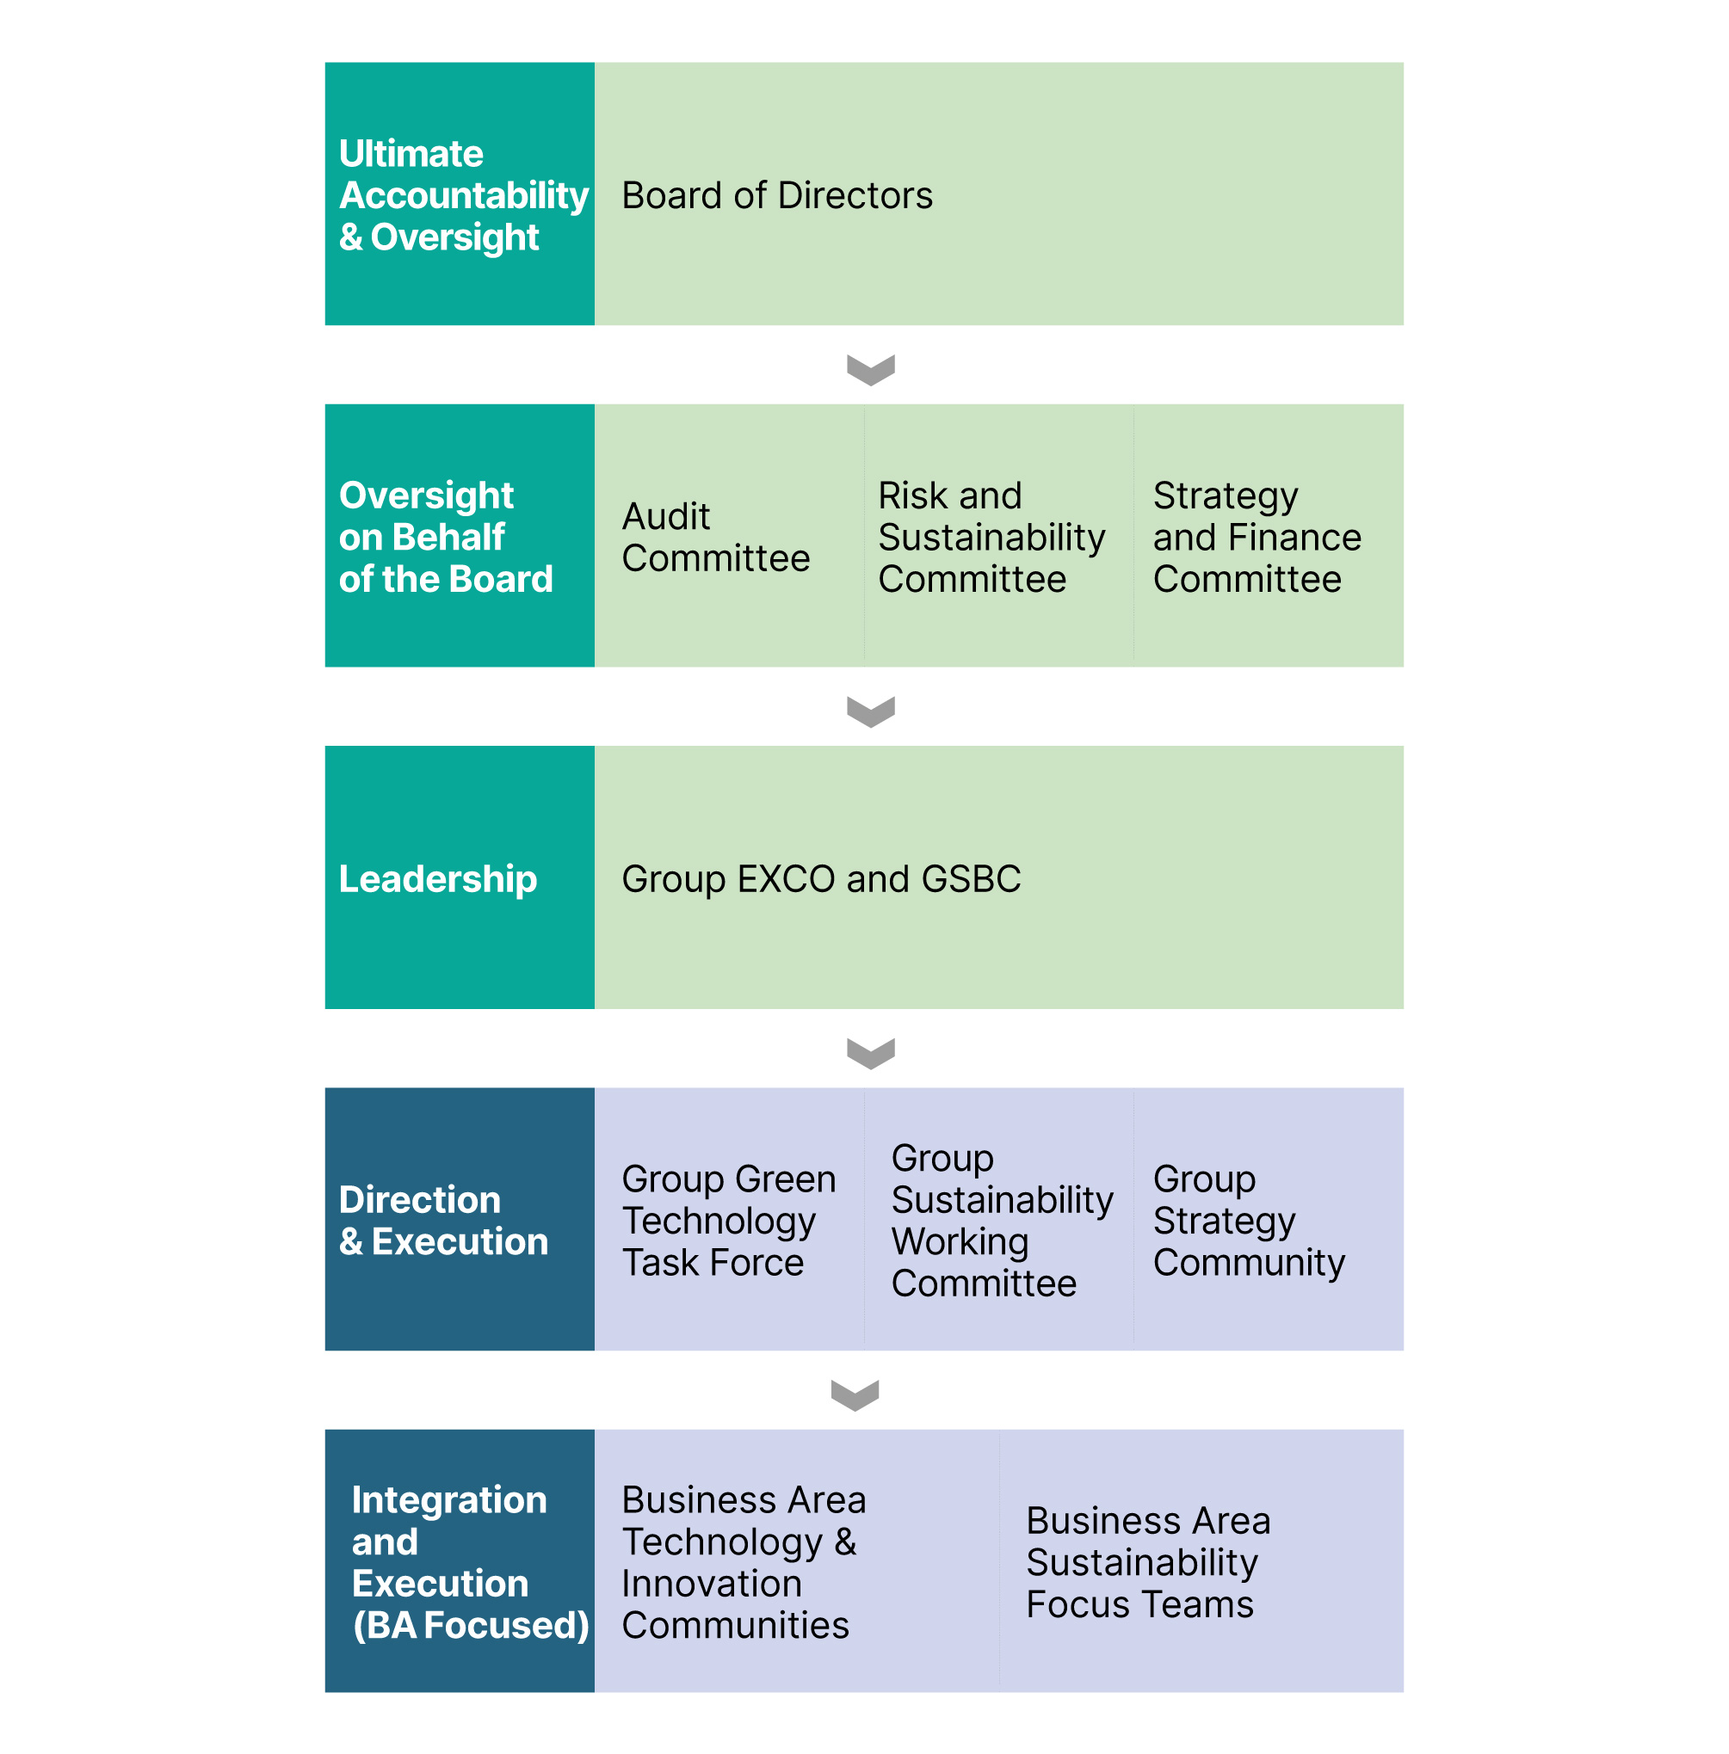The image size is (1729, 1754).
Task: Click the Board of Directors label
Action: pos(777,195)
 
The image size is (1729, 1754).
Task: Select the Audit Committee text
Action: pos(715,537)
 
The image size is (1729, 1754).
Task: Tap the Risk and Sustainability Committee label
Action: pos(991,537)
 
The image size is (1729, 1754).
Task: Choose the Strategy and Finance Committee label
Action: pos(1257,537)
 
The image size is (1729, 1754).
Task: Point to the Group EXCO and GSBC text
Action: pos(821,879)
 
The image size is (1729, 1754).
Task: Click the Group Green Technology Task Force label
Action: pos(728,1220)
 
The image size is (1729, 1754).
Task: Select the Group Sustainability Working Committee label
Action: pos(1002,1220)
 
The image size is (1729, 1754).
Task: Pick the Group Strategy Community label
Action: pos(1249,1220)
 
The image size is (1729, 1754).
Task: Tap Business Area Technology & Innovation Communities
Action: pos(744,1562)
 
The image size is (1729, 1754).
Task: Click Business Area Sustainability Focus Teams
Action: pos(1148,1562)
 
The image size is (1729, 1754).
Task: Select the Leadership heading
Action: pos(438,879)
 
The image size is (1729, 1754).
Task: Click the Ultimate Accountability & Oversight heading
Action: pos(463,195)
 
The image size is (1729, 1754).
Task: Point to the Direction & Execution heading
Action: pos(443,1220)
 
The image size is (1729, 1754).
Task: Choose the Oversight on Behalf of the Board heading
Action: pos(445,537)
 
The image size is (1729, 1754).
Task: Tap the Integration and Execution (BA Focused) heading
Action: pos(471,1562)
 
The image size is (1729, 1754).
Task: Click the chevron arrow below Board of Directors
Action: pos(871,371)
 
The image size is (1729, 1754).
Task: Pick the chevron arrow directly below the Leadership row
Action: pos(871,1054)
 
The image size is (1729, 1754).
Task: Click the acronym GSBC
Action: pos(971,879)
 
